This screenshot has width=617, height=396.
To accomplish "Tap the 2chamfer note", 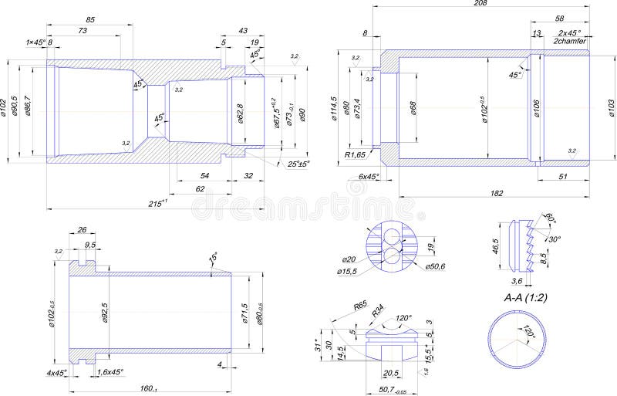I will [x=570, y=42].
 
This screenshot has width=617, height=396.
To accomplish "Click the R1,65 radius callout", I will [x=356, y=154].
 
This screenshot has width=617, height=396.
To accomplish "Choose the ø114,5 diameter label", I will [x=334, y=109].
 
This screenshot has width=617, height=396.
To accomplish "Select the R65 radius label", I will [x=359, y=306].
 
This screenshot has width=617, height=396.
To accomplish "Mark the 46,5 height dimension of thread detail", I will [x=496, y=247].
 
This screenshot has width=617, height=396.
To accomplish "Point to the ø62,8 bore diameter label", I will [x=240, y=113].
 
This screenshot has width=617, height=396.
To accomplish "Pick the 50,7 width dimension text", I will [x=393, y=391].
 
